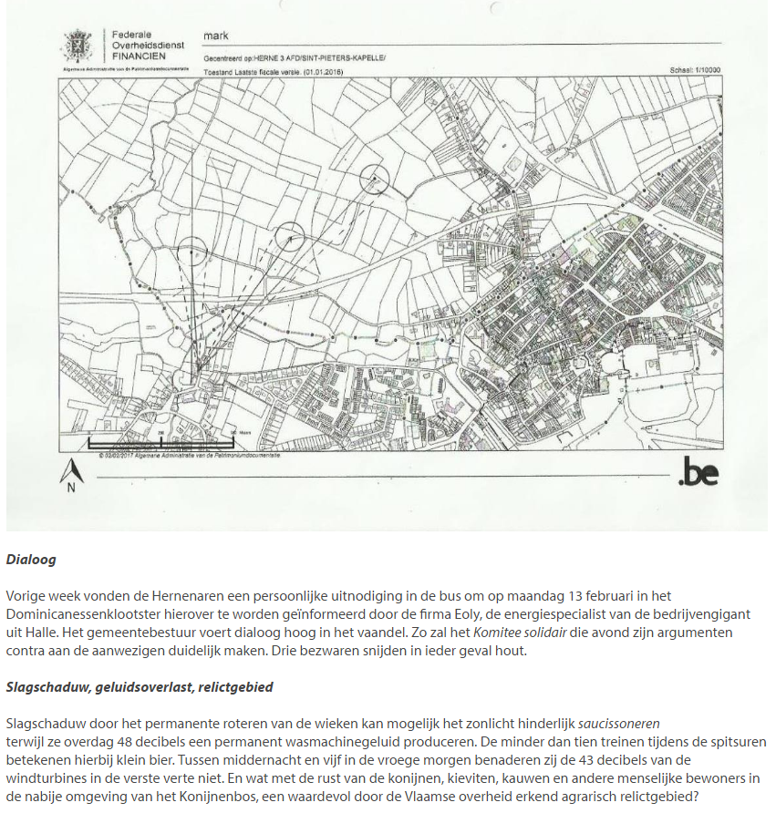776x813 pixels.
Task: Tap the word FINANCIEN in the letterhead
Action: [x=139, y=56]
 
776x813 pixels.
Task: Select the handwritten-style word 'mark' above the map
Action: [x=215, y=36]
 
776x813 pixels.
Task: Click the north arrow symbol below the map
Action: [x=71, y=472]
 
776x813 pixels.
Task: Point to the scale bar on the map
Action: [x=160, y=442]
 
